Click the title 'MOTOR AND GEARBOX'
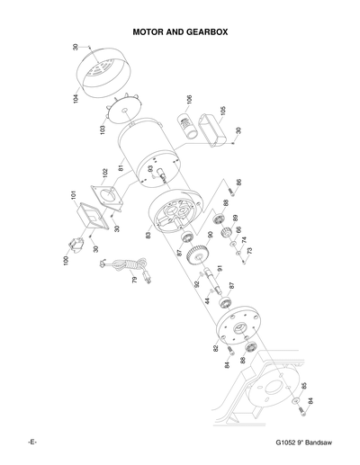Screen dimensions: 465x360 point(180,31)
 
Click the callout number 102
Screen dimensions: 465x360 point(104,171)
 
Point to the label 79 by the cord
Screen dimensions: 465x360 point(134,282)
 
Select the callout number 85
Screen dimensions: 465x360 point(304,388)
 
